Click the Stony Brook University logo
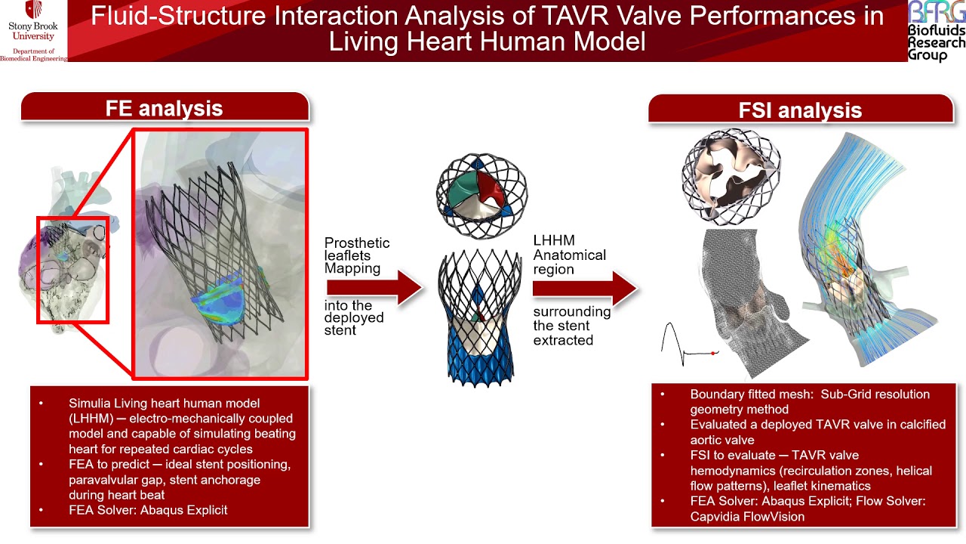click(x=33, y=30)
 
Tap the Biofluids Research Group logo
click(x=936, y=30)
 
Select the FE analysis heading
click(x=164, y=108)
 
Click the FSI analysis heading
click(x=800, y=110)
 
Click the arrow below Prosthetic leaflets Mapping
click(x=374, y=288)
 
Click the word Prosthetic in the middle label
click(x=357, y=243)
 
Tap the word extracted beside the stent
click(x=563, y=340)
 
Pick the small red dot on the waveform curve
click(x=713, y=353)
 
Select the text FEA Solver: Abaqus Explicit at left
click(x=148, y=510)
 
